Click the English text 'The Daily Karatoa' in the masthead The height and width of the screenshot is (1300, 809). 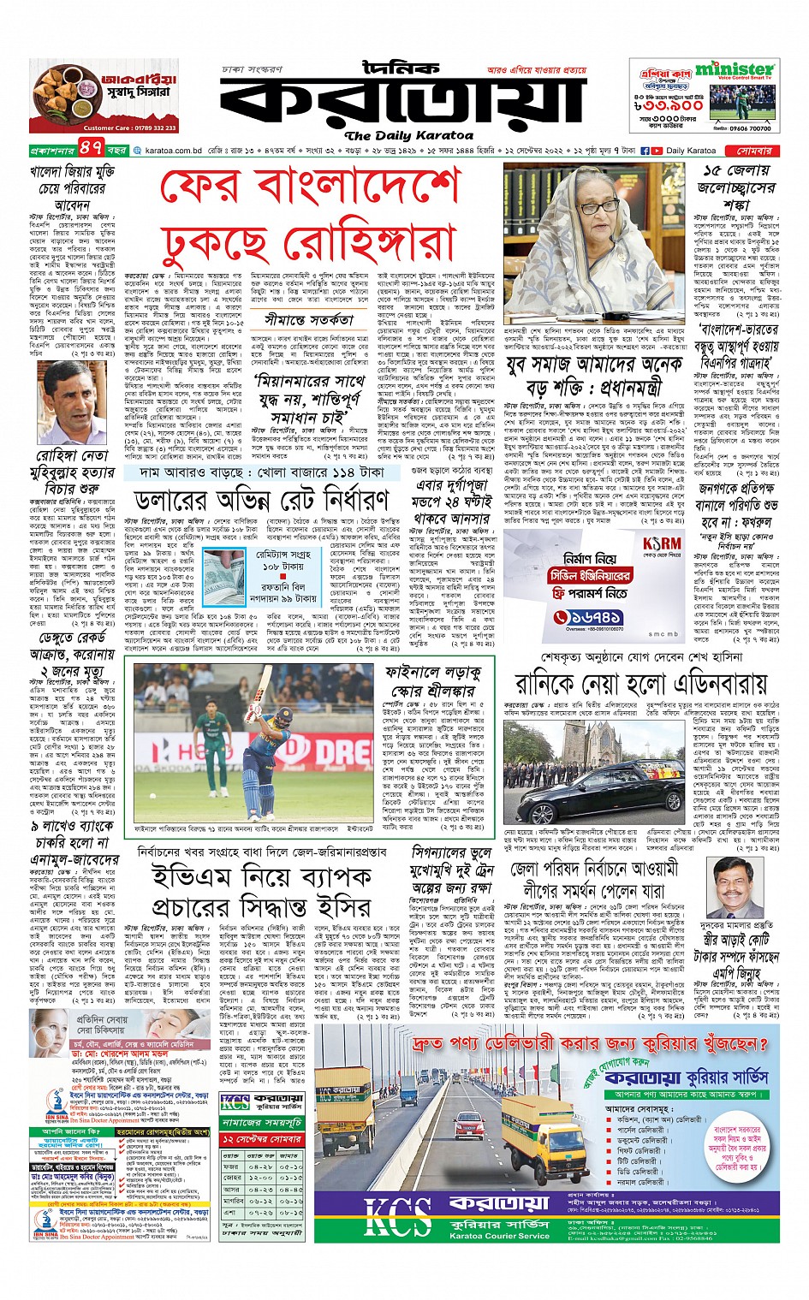click(x=408, y=135)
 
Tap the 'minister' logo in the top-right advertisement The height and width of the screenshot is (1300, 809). click(x=735, y=69)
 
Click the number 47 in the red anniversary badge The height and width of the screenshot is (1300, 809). click(x=92, y=149)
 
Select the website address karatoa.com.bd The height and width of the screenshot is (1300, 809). click(x=173, y=151)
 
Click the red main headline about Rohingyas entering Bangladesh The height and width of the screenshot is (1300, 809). click(x=309, y=215)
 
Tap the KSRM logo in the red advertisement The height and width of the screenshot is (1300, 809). click(x=662, y=543)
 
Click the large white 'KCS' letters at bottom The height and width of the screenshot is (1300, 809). click(x=397, y=1217)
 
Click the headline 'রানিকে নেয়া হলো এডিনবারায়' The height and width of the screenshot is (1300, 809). click(x=640, y=683)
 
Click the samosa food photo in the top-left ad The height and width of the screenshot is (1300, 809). click(x=63, y=94)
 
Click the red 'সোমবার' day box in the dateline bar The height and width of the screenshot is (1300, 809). click(x=754, y=150)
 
